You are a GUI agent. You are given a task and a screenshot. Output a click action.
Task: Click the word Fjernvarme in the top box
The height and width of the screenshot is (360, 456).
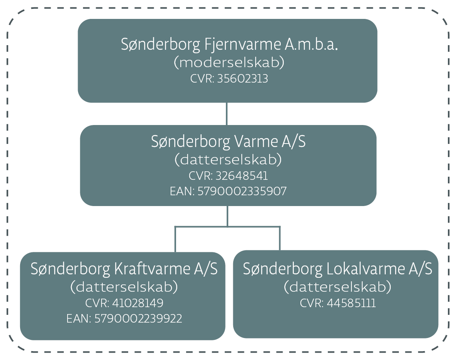241,45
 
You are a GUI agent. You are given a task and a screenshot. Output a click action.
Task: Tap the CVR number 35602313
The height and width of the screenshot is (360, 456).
242,79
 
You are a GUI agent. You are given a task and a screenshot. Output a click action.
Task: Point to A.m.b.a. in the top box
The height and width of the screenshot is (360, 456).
311,45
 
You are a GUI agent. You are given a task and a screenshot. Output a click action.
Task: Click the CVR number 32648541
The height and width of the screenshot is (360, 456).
242,176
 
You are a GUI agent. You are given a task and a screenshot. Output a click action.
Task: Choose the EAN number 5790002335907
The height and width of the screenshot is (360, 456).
242,191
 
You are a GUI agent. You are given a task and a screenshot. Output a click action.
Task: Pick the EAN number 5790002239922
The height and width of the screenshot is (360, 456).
138,319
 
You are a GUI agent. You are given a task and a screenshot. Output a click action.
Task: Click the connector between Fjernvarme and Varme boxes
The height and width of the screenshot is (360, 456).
227,114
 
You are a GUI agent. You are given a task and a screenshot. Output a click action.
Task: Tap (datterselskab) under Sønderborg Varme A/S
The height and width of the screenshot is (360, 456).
228,160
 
